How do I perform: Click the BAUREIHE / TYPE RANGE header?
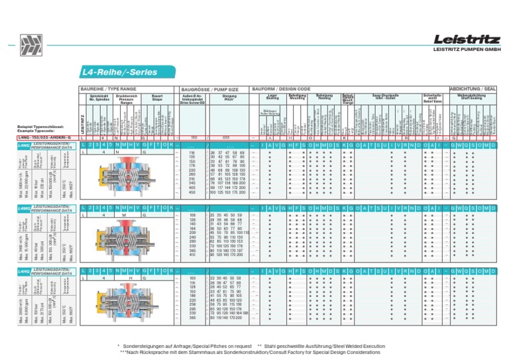point(108,88)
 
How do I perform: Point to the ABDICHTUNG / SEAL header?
point(472,88)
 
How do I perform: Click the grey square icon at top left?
point(29,46)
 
